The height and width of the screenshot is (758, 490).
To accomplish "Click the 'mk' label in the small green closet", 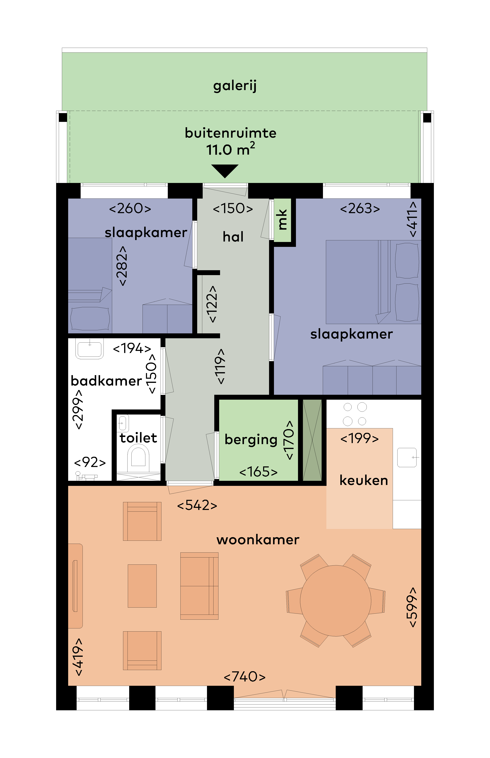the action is (282, 219).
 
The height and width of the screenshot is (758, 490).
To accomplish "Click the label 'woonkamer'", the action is (258, 540).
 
